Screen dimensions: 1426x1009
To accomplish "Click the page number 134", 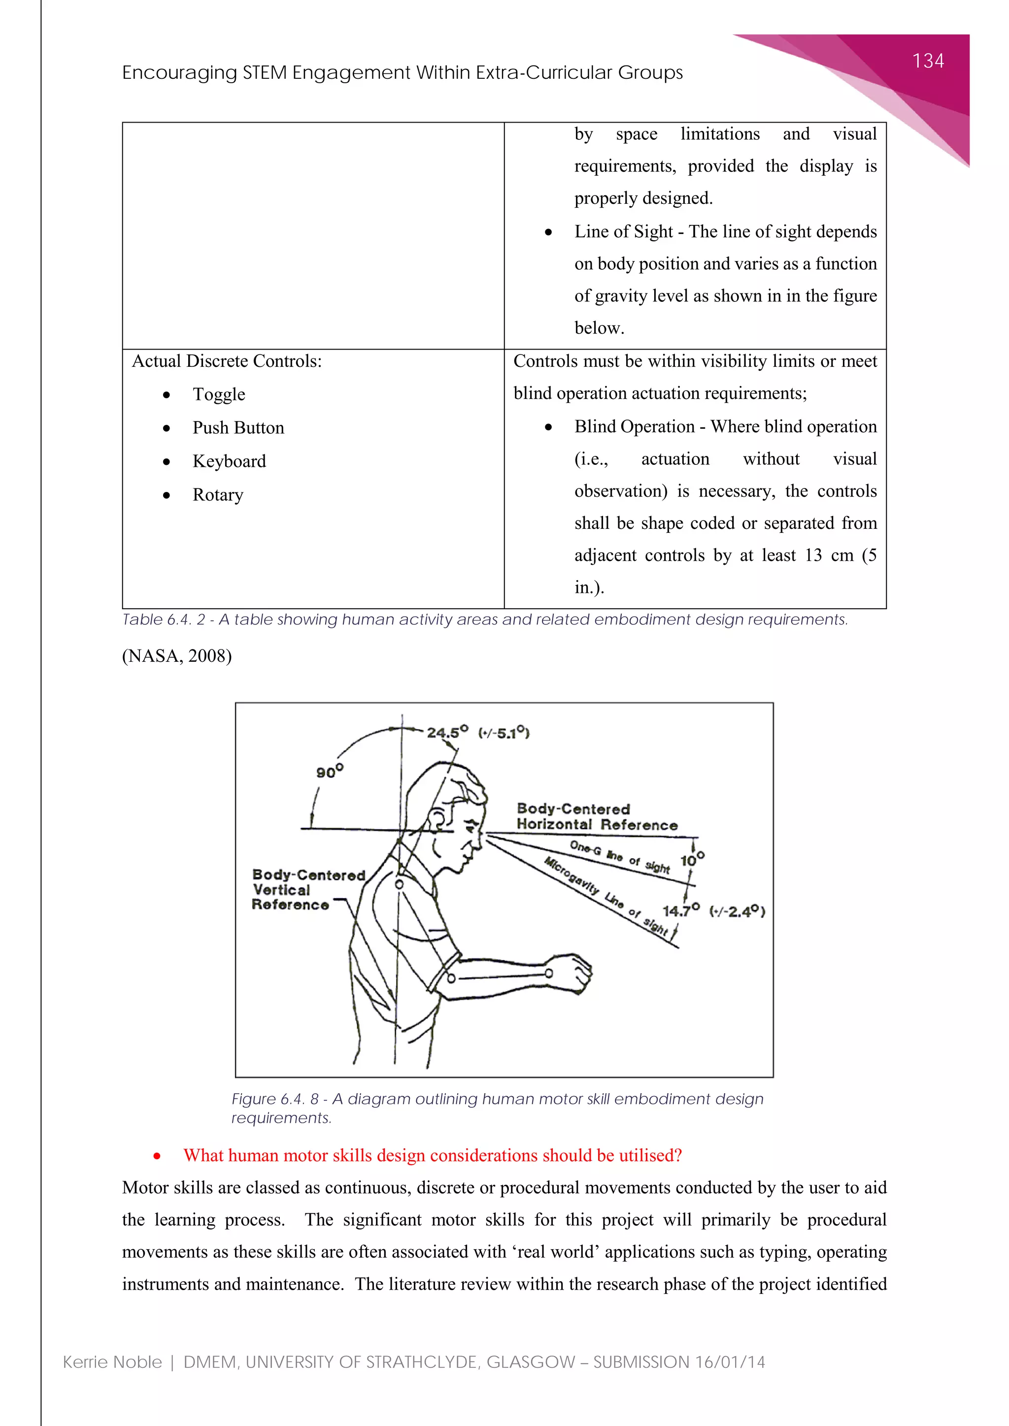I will pyautogui.click(x=928, y=61).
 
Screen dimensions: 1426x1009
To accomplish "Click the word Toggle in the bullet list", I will pyautogui.click(x=219, y=394).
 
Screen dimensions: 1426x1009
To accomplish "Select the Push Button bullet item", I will pyautogui.click(x=238, y=428).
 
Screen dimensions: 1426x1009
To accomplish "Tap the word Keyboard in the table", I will pyautogui.click(x=229, y=461).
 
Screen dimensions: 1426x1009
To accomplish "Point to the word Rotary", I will pyautogui.click(x=217, y=495).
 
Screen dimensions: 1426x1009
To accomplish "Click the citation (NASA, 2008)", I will pyautogui.click(x=177, y=656).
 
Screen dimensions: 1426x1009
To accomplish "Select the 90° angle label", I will pyautogui.click(x=329, y=772).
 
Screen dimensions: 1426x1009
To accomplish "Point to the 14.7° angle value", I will pyautogui.click(x=680, y=911).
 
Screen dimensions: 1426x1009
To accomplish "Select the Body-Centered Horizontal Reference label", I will pyautogui.click(x=597, y=817).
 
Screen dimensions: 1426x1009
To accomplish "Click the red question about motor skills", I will pyautogui.click(x=433, y=1155).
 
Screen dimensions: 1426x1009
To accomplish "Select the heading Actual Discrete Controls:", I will pyautogui.click(x=227, y=361).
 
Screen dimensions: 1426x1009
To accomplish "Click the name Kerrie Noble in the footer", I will pyautogui.click(x=112, y=1362).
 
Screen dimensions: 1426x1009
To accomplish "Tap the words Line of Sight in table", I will pyautogui.click(x=623, y=231).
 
